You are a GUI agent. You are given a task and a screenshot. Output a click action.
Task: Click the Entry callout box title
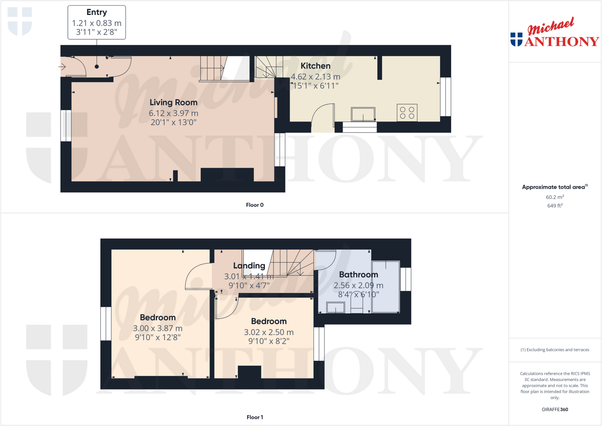pyautogui.click(x=96, y=12)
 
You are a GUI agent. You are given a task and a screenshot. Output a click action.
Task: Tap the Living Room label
pyautogui.click(x=173, y=102)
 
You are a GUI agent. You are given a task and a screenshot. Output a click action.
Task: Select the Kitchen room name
pyautogui.click(x=315, y=66)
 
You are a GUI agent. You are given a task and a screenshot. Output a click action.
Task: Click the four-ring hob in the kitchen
pyautogui.click(x=407, y=113)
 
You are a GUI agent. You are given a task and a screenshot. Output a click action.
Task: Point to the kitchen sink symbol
pyautogui.click(x=363, y=114)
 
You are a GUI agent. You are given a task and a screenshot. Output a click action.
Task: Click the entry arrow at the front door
pyautogui.click(x=62, y=67)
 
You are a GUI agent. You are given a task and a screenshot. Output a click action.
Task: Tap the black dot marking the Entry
pyautogui.click(x=97, y=67)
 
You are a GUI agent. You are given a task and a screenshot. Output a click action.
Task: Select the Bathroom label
pyautogui.click(x=358, y=275)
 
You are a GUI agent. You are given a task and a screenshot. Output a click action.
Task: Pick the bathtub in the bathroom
pyautogui.click(x=386, y=287)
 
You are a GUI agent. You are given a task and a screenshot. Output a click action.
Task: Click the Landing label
pyautogui.click(x=249, y=266)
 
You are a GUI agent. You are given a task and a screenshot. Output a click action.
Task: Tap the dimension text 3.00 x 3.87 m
pyautogui.click(x=158, y=328)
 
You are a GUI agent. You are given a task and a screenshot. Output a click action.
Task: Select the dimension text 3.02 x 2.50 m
pyautogui.click(x=269, y=332)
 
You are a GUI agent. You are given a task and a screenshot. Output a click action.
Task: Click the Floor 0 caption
pyautogui.click(x=255, y=205)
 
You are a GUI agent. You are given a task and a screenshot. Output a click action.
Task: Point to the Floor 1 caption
pyautogui.click(x=255, y=417)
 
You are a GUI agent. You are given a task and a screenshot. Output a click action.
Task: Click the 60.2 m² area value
pyautogui.click(x=555, y=197)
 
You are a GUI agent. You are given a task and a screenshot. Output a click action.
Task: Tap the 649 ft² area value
pyautogui.click(x=555, y=206)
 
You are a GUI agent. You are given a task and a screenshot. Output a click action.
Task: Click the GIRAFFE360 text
pyautogui.click(x=555, y=409)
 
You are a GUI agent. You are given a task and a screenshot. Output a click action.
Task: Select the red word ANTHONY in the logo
pyautogui.click(x=561, y=41)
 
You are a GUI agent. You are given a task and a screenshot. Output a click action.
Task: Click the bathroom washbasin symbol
pyautogui.click(x=335, y=308)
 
